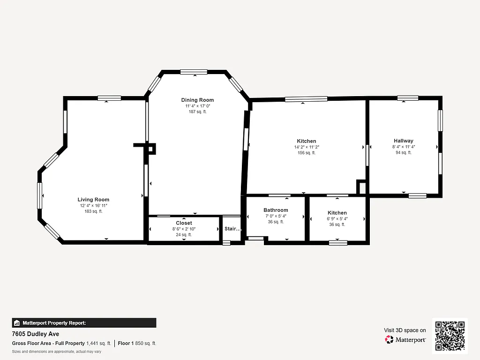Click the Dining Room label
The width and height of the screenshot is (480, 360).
point(197,100)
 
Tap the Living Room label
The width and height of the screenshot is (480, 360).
point(93,200)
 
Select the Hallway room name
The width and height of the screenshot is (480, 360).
point(403,141)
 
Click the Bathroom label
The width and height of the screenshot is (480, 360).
point(276,210)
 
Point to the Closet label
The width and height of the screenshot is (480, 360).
point(184,223)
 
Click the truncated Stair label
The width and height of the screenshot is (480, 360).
point(232,229)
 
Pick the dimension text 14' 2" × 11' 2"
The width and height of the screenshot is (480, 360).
point(306,147)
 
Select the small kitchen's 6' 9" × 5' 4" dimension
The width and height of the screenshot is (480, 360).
point(337,219)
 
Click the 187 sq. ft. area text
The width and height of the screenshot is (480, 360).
point(197,112)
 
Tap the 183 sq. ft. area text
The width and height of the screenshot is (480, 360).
point(93,211)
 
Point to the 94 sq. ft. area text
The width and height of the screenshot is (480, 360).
point(403,152)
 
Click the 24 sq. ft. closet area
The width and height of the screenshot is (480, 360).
point(184,235)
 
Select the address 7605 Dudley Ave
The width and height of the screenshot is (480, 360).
point(36,334)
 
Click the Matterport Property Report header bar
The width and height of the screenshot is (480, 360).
point(84,323)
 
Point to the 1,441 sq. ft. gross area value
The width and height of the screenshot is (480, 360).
point(98,344)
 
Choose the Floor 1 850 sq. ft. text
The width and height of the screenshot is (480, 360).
point(137,344)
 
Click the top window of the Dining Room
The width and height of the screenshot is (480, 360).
point(194,72)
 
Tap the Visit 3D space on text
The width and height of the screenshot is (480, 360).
point(405,330)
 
